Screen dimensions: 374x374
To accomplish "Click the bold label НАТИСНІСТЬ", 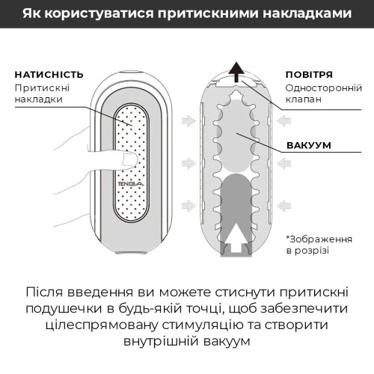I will pyautogui.click(x=44, y=75).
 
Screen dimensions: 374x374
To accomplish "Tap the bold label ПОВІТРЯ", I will pyautogui.click(x=309, y=75).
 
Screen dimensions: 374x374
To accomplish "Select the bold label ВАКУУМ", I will pyautogui.click(x=309, y=146).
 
